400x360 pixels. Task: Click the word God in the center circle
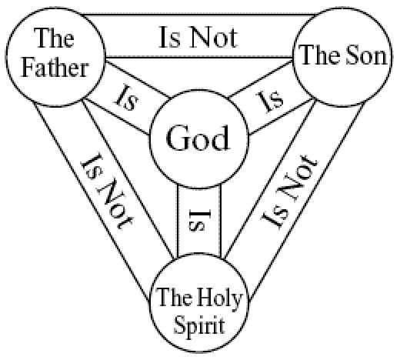tap(198, 138)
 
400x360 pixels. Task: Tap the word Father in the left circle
tap(55, 68)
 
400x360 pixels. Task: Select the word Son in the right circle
tap(366, 55)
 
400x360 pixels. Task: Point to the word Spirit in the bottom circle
tap(199, 324)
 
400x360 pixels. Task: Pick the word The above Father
tap(54, 38)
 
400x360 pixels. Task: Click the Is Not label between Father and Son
tap(198, 38)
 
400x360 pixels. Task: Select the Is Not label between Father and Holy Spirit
tap(107, 191)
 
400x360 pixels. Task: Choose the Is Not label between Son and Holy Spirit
tap(289, 190)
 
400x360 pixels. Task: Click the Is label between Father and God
tap(126, 98)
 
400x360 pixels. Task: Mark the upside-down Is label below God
tap(199, 220)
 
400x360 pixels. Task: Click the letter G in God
tap(177, 138)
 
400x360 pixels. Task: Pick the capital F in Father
tap(28, 68)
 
